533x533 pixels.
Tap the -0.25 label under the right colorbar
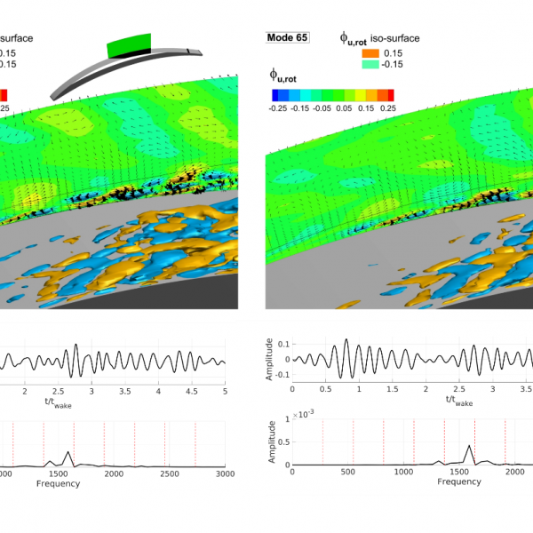(x=280, y=107)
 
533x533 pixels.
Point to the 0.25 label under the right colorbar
(x=386, y=107)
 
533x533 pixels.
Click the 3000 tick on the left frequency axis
(x=224, y=474)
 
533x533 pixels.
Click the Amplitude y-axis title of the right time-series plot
(x=270, y=358)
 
